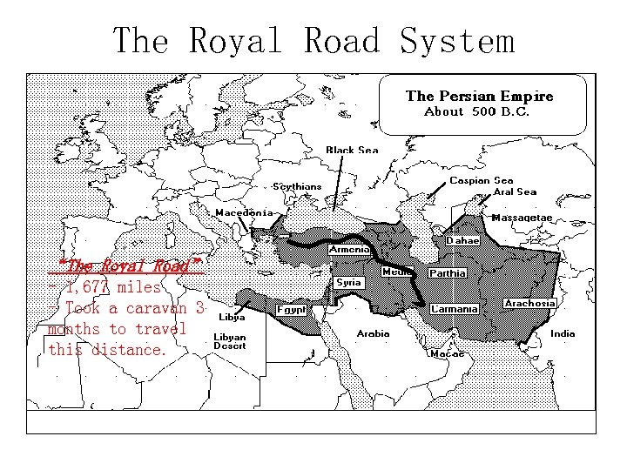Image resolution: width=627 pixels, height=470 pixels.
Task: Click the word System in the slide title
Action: (457, 41)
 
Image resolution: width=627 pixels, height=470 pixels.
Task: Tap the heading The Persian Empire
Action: (479, 97)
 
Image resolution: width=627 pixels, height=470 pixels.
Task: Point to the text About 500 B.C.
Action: (476, 112)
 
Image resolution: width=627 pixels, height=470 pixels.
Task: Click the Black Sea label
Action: (352, 150)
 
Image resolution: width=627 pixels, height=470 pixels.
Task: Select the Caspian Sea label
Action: (481, 181)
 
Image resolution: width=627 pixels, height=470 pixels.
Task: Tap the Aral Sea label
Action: (515, 191)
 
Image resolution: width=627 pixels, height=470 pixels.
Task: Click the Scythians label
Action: (297, 186)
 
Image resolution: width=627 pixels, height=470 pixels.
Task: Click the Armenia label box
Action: (349, 250)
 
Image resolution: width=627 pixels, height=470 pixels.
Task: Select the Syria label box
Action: (349, 282)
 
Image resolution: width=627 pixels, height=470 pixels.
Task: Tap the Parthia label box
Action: (448, 272)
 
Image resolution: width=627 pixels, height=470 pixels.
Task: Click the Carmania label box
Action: (455, 309)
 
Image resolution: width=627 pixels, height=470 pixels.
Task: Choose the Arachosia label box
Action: (529, 304)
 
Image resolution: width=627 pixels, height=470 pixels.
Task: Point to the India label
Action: (563, 333)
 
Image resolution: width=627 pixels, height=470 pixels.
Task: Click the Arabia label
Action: (373, 333)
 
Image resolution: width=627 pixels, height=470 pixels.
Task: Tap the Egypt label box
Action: (290, 309)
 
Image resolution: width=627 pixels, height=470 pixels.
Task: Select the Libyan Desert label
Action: (231, 341)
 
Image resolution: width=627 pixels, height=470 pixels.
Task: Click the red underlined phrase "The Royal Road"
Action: (130, 265)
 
